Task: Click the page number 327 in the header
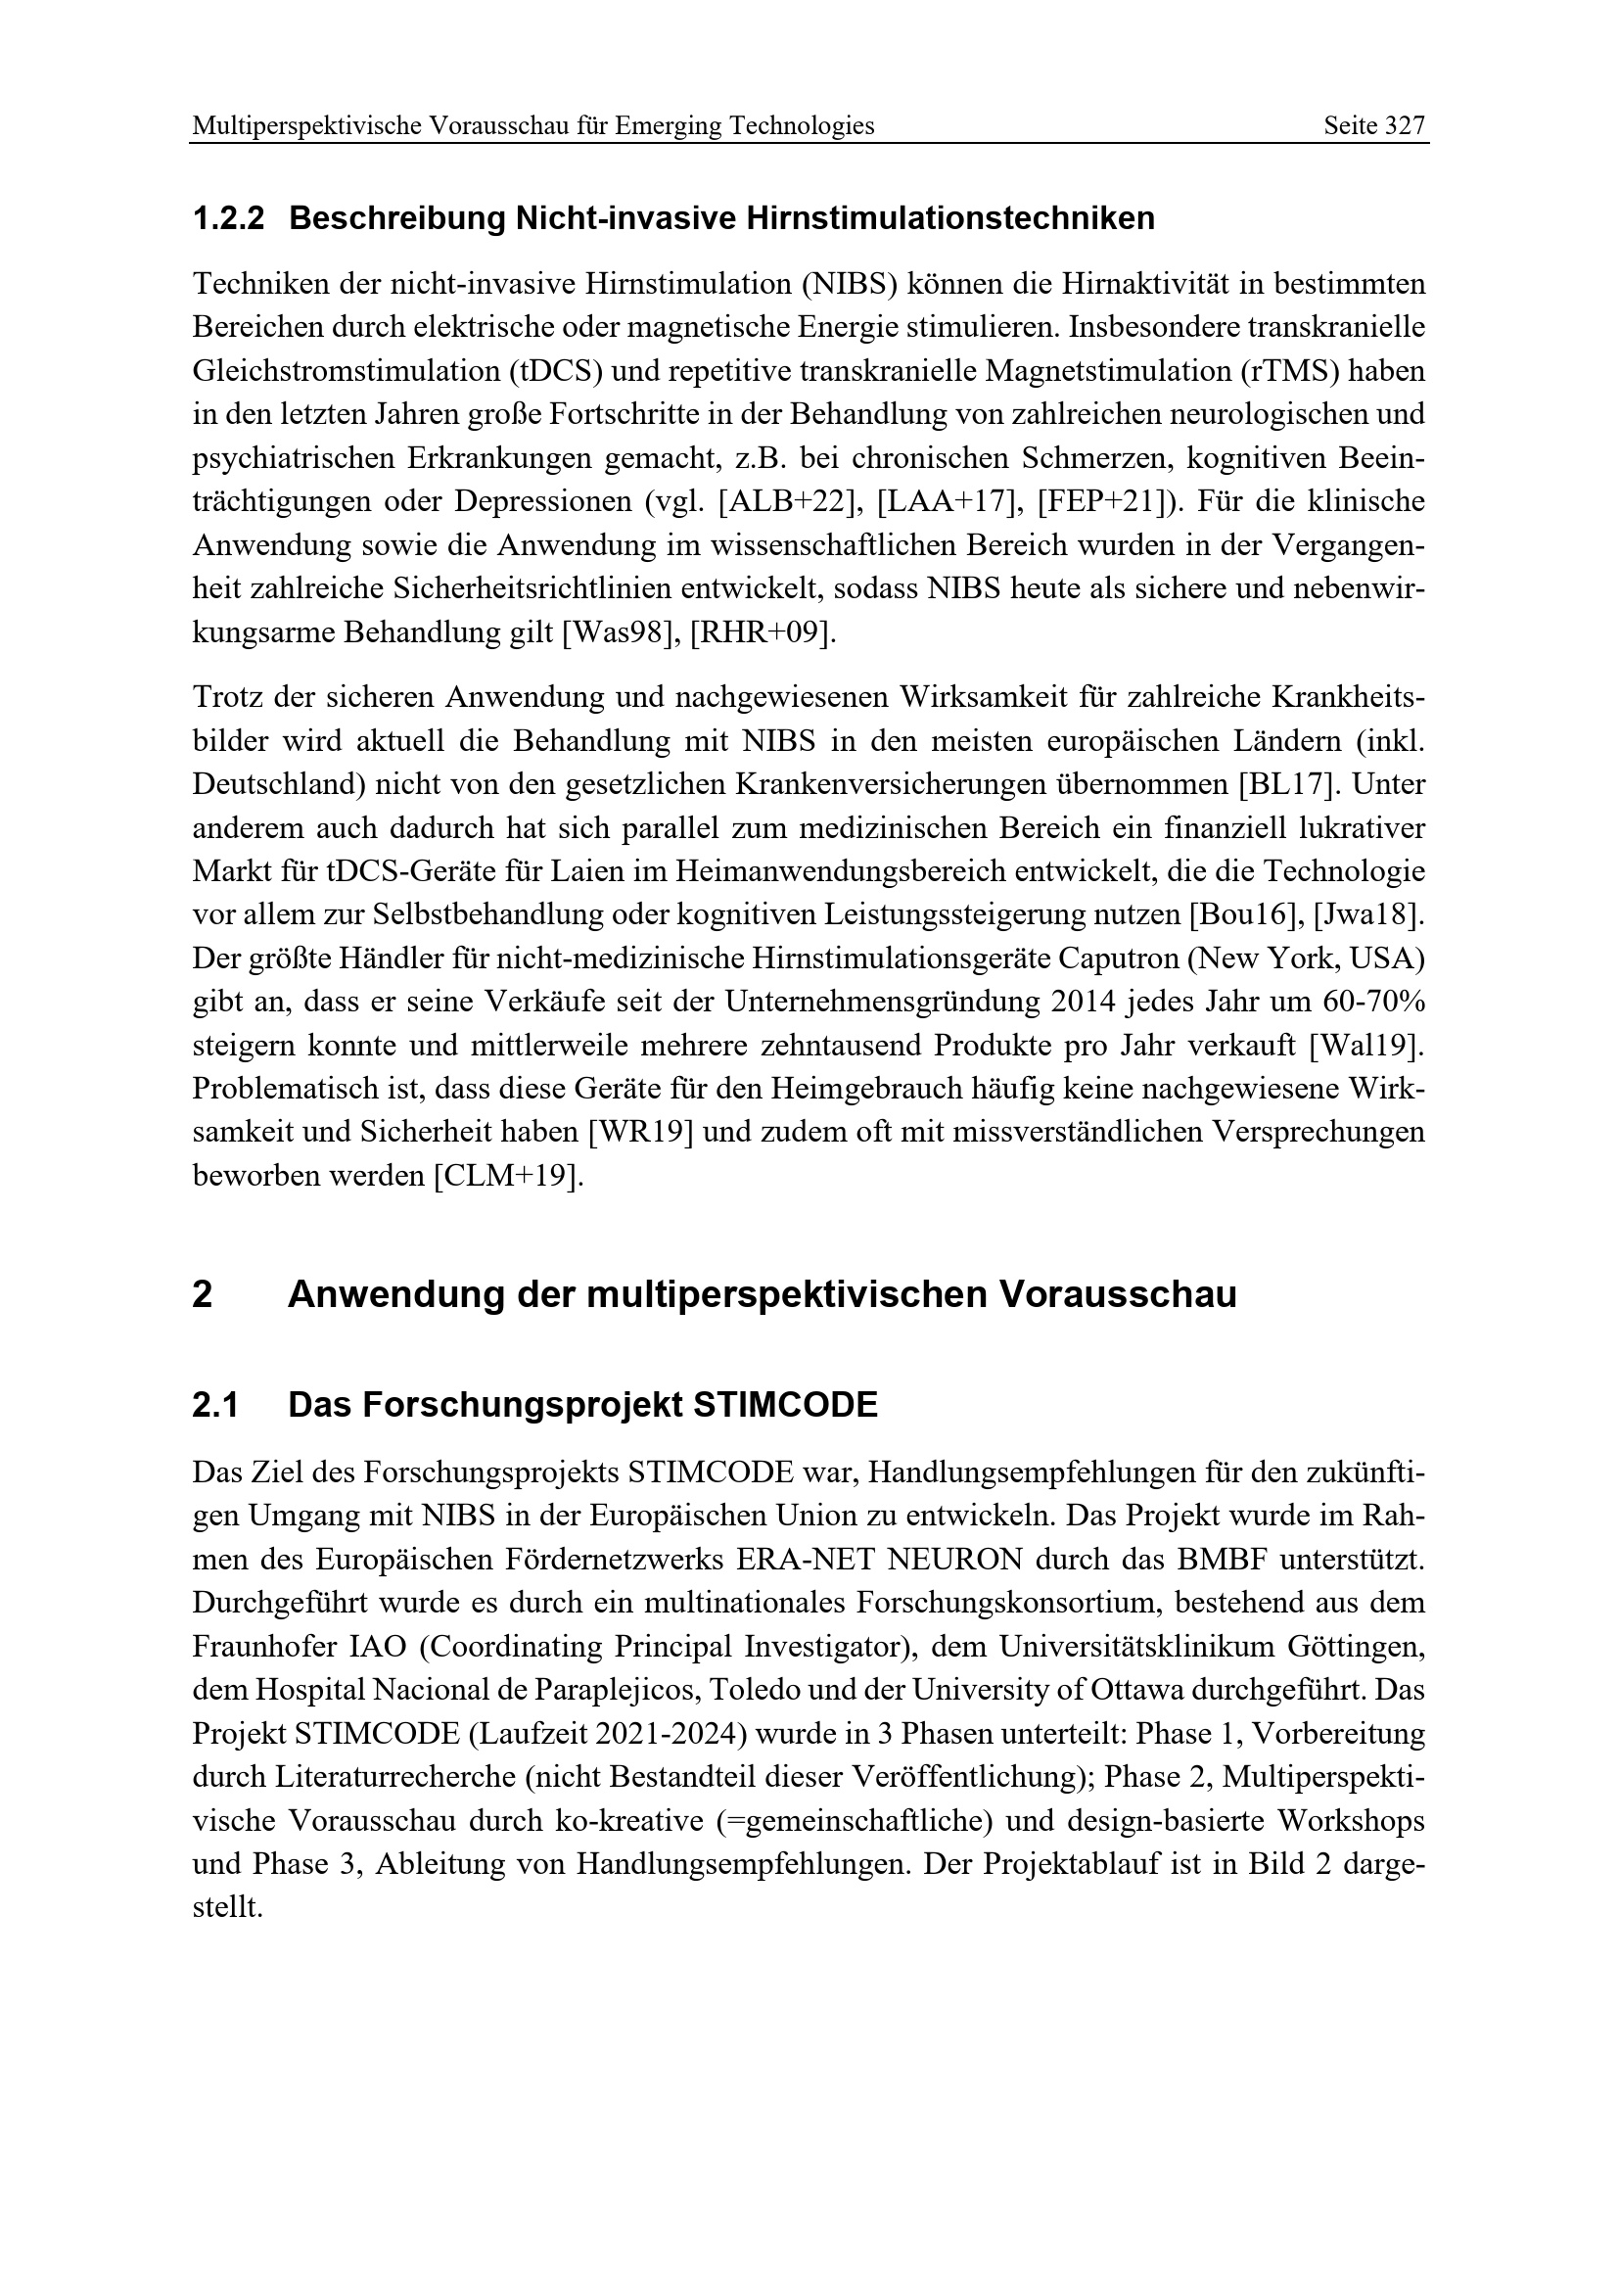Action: [1405, 125]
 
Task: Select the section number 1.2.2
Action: [228, 218]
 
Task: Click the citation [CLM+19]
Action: [506, 1176]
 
